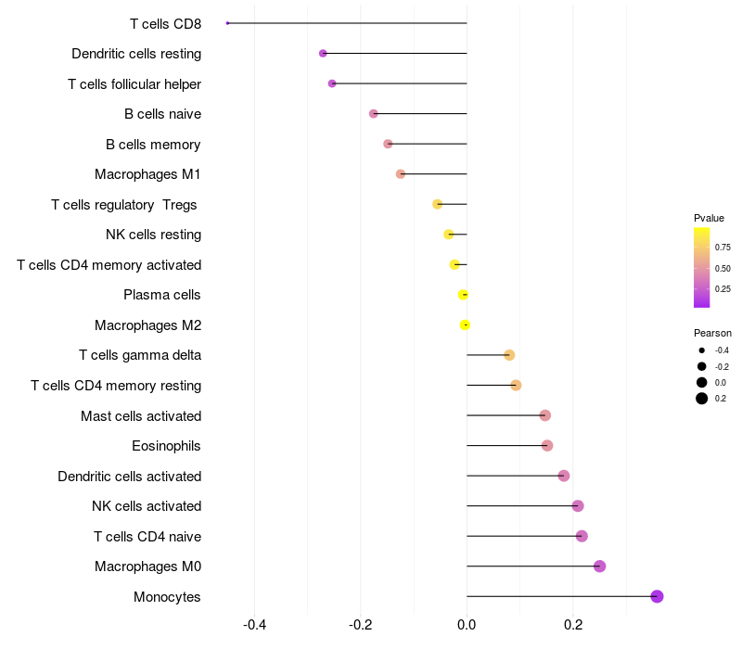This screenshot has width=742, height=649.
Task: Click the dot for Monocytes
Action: [657, 596]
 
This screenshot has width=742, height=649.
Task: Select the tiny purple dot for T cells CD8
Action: [227, 23]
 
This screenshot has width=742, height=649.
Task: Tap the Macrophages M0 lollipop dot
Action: [599, 566]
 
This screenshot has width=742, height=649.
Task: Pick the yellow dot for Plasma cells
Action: [463, 295]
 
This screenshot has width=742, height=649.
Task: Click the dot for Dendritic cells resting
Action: [323, 54]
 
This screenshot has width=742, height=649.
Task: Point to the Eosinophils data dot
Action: [547, 446]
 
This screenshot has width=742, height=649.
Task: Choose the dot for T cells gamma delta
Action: [509, 355]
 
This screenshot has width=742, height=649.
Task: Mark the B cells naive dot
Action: [374, 113]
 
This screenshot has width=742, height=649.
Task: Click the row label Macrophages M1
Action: [147, 174]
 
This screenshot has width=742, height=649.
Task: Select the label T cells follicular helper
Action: [134, 84]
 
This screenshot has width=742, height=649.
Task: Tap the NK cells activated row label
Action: [147, 506]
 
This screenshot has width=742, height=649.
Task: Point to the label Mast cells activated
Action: [141, 416]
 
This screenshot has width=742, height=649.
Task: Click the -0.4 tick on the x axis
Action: [254, 625]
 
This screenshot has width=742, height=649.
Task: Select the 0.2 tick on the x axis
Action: [573, 625]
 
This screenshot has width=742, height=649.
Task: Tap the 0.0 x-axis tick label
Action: [467, 625]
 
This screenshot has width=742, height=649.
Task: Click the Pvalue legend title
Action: [709, 218]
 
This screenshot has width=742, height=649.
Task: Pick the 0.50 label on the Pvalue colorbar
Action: [723, 269]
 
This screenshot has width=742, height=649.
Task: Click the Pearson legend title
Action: [712, 333]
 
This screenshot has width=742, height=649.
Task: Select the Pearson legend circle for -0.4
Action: [702, 350]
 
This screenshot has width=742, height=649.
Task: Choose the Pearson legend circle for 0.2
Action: [702, 399]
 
